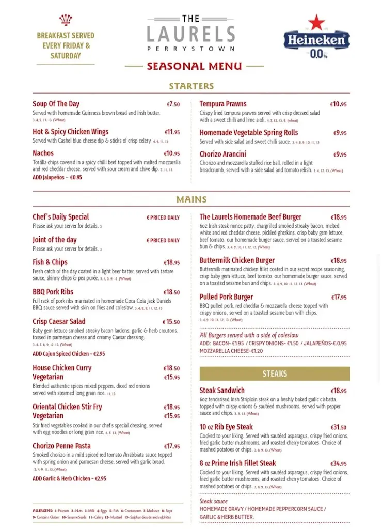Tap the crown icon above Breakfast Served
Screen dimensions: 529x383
coord(66,20)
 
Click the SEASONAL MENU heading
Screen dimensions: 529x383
coord(194,66)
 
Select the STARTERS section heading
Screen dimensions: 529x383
coord(191,86)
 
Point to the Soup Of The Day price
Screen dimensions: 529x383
coord(173,104)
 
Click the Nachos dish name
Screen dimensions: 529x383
coord(43,153)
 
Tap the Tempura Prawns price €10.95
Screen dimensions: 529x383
coord(339,104)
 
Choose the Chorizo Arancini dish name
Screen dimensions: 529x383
coord(222,154)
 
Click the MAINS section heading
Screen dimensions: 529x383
coord(191,199)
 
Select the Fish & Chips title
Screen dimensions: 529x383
coord(50,262)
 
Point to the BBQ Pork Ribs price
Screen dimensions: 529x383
coord(171,292)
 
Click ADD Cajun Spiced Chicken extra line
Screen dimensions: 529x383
coord(69,354)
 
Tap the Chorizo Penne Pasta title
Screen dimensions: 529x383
coord(61,446)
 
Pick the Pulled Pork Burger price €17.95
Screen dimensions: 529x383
coord(339,298)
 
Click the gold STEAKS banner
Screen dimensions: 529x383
coord(275,374)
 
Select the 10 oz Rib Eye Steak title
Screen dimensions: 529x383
coord(226,427)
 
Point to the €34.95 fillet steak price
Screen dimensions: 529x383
coord(339,464)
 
